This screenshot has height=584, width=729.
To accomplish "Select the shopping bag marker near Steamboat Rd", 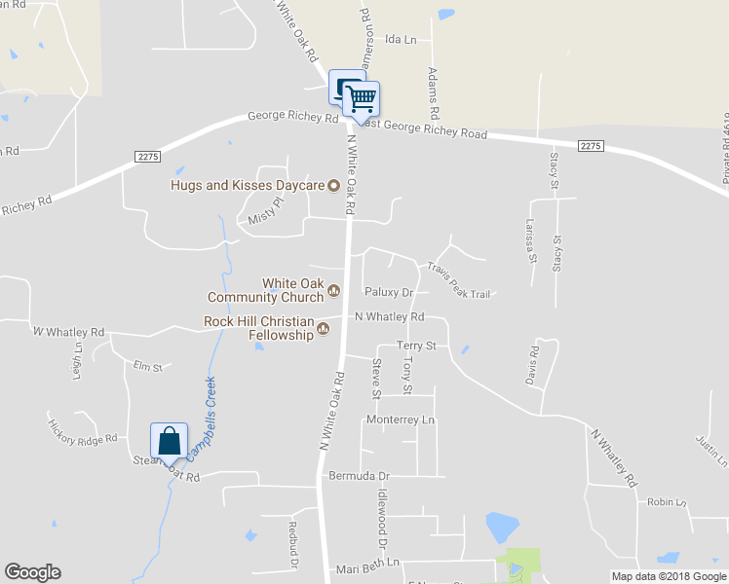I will [x=170, y=440].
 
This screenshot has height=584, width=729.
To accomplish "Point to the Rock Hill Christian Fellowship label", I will [x=259, y=328].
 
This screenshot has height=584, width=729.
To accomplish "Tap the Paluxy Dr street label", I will [x=389, y=292].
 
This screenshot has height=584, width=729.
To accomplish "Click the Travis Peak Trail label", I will [x=457, y=278].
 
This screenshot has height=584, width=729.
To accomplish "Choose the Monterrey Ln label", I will [x=399, y=420].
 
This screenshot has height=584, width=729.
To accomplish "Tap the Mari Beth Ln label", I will [x=367, y=564].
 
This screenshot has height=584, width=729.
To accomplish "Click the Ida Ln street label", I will [x=401, y=40].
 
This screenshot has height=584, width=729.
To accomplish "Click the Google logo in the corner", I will [x=32, y=572].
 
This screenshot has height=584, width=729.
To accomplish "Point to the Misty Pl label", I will [x=264, y=211].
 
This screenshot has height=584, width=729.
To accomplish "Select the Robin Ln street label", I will [x=668, y=502].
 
